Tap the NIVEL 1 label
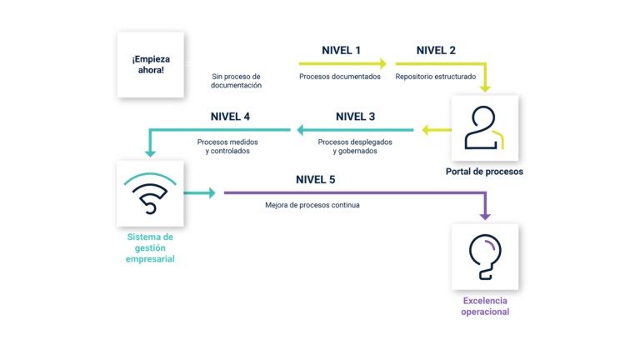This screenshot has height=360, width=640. coord(341,51)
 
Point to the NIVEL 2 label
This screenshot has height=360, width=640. coord(436,51)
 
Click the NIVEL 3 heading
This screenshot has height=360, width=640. coord(355,117)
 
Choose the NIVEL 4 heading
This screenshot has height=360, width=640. coord(230,117)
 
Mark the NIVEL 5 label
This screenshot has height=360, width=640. coord(316,180)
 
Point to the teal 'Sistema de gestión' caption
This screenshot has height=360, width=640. coord(151,247)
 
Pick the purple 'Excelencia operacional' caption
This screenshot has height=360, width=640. coord(486,306)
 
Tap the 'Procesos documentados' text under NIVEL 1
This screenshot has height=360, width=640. coord(340,77)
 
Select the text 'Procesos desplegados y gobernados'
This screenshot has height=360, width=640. coord(355,147)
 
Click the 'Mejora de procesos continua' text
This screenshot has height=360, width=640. coord(312,205)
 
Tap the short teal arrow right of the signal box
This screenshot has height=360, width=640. coord(202,192)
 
